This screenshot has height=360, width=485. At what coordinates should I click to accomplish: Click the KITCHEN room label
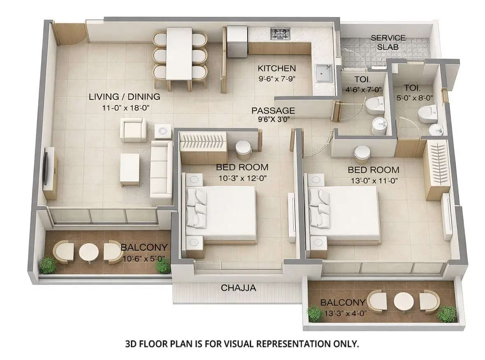[x=276, y=68]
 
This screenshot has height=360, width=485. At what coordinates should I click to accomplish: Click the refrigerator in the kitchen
[x=237, y=41]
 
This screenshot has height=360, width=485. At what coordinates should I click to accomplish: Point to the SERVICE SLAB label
[x=388, y=42]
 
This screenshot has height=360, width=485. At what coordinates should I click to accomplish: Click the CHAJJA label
[x=238, y=288]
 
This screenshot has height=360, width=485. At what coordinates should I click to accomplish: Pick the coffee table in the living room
[x=130, y=169]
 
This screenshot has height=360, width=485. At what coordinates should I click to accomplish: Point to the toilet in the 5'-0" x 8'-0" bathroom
[x=427, y=113]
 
